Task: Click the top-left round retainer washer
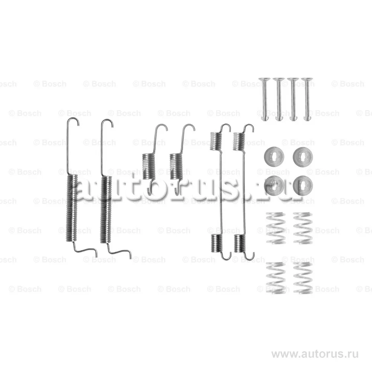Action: click(274, 157)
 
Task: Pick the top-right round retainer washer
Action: click(303, 157)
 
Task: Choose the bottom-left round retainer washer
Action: click(274, 186)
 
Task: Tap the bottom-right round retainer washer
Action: click(303, 186)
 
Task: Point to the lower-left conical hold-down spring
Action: click(275, 278)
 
